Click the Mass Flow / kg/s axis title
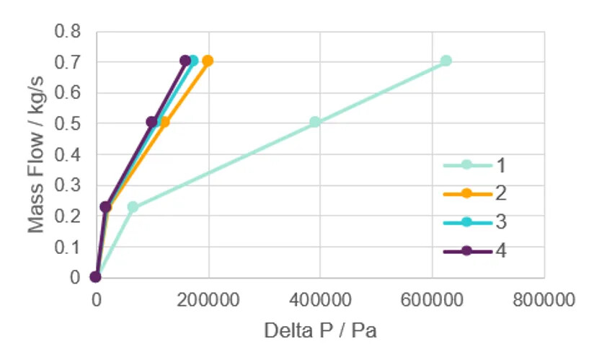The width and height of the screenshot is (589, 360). (36, 154)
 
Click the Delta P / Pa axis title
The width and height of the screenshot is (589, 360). (320, 330)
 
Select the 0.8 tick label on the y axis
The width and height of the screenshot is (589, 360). (70, 32)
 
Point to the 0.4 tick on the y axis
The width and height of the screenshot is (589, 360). (70, 154)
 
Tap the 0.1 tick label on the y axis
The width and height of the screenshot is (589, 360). (70, 247)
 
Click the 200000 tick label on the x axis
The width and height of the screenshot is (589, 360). (209, 299)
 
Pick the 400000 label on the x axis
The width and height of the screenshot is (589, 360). (320, 299)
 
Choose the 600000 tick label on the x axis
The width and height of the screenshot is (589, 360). (432, 299)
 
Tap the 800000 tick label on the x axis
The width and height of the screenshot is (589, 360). (544, 299)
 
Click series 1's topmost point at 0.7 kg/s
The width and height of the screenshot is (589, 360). (446, 61)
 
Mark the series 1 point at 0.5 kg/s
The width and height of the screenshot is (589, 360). (315, 122)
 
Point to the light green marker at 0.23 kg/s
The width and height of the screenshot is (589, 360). (133, 207)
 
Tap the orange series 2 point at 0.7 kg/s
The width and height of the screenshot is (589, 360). (208, 61)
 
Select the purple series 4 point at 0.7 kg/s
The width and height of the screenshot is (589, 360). (185, 61)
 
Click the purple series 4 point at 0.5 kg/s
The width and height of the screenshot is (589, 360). (151, 122)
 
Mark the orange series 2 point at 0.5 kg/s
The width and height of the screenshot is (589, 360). (164, 122)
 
